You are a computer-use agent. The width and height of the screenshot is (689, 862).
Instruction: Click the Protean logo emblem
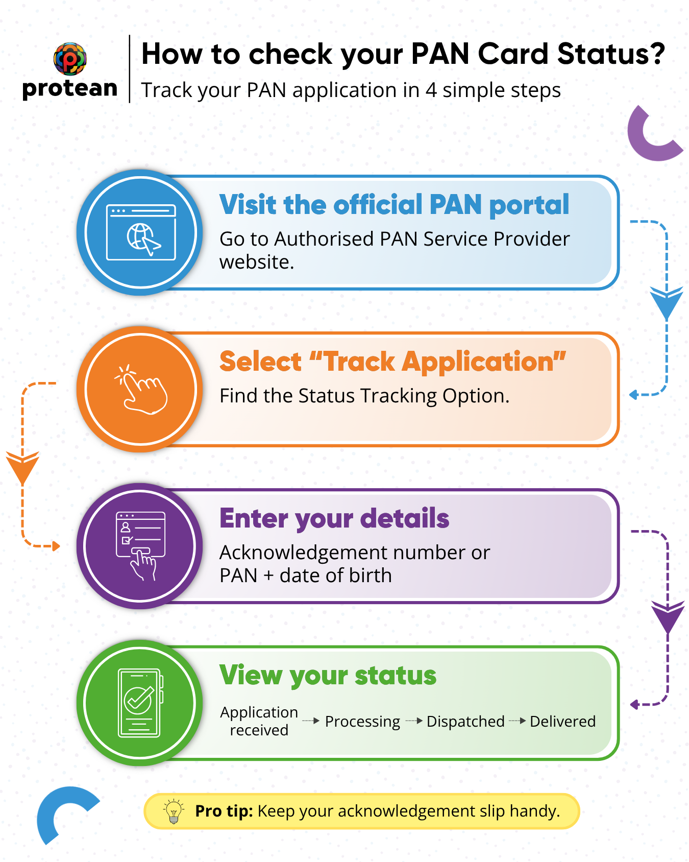pos(70,59)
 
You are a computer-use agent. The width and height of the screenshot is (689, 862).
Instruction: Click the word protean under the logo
pos(70,89)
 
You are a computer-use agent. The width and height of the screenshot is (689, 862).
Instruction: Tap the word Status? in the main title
pos(611,54)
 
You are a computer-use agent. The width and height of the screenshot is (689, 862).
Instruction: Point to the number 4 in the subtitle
pos(431,90)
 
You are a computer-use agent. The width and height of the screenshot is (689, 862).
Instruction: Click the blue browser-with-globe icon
pos(141,232)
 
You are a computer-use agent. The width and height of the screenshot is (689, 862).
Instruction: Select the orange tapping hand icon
pos(141,389)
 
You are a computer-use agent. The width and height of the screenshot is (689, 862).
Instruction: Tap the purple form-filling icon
pos(141,546)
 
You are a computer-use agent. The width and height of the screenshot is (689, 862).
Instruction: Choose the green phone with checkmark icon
pos(141,703)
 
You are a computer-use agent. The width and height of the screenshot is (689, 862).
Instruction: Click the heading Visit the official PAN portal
pos(394,205)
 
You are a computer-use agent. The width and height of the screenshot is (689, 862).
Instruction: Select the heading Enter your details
pos(334,519)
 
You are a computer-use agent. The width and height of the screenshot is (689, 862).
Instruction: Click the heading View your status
pos(328,676)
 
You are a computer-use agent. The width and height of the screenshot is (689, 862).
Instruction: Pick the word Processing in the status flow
pos(362,722)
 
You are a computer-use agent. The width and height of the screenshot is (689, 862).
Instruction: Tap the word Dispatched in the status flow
pos(465,722)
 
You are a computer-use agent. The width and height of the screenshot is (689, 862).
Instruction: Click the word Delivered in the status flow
pos(562,722)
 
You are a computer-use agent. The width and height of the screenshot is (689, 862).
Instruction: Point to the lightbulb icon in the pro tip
pos(174,811)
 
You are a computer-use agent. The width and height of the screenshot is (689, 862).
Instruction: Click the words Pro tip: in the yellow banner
pos(224,811)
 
